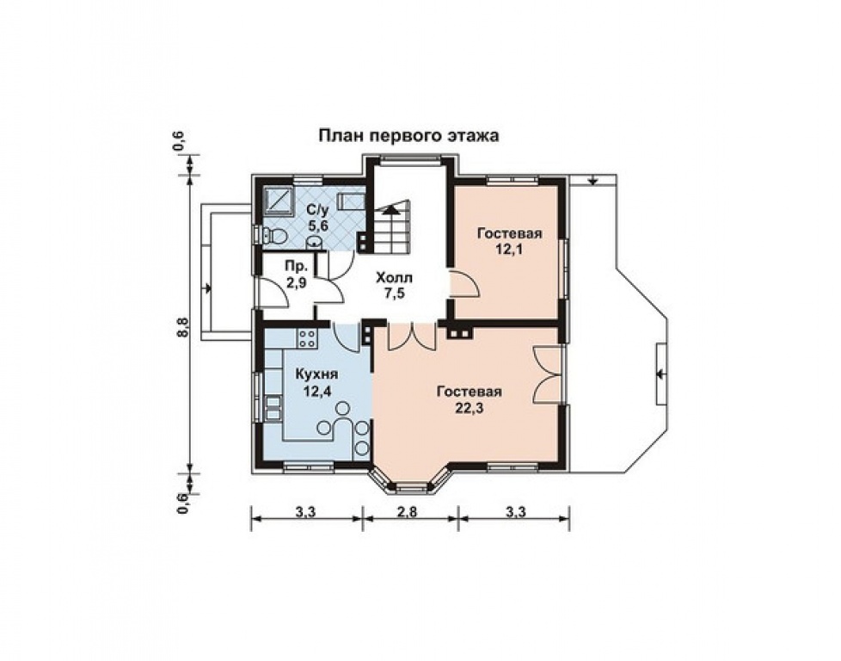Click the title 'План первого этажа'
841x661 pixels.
point(408,136)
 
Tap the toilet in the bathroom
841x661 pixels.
point(273,235)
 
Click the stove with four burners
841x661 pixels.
point(307,337)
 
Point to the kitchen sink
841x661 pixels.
point(273,406)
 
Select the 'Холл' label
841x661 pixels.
point(394,278)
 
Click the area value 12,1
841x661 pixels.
point(509,250)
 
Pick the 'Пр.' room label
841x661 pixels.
point(296,266)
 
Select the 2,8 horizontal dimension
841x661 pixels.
point(407,511)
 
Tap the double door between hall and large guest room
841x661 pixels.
point(409,337)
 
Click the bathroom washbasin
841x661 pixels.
point(315,243)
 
